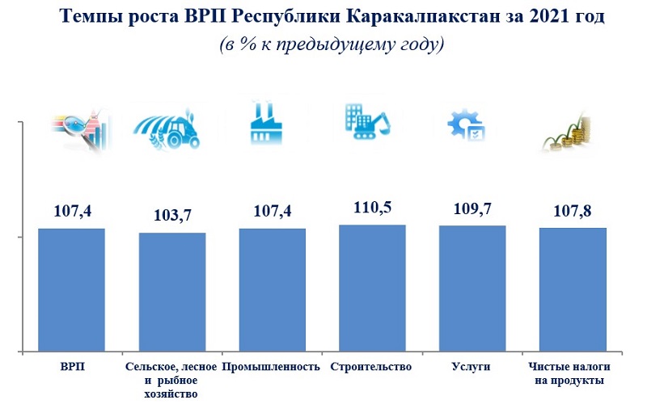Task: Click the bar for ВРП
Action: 71,291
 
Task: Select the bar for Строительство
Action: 372,288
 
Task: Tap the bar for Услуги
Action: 472,289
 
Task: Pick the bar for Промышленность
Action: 272,291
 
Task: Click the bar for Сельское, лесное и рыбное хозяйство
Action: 171,292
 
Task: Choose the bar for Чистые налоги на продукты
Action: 573,290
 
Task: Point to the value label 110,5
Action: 372,208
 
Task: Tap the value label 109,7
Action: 472,208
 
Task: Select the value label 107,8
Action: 573,211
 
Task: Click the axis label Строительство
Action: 372,367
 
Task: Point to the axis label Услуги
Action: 472,367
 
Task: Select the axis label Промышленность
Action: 271,367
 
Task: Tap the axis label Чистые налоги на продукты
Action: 573,373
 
